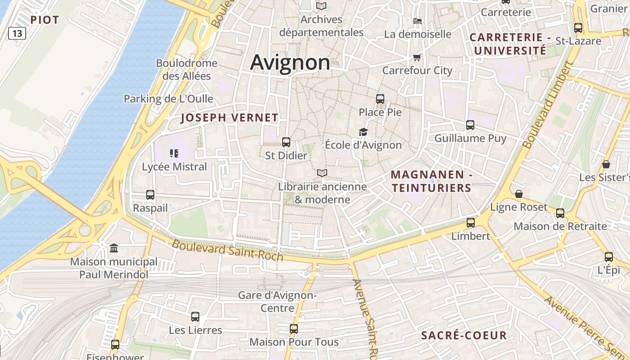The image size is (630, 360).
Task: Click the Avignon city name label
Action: point(290,63)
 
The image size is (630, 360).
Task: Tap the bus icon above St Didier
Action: point(286,142)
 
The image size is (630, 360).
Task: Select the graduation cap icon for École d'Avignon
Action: point(363,132)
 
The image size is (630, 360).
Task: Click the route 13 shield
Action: point(17,33)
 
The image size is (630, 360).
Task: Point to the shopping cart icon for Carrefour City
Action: point(417,57)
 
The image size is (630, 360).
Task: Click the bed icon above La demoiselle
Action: point(417,21)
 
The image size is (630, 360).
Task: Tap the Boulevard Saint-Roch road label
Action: point(227,250)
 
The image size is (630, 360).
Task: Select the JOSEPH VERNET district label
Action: point(229,118)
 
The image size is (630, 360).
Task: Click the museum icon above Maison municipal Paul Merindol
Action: point(114,248)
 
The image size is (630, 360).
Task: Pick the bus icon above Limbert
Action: point(471,222)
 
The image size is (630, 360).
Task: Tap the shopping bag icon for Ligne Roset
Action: point(519,194)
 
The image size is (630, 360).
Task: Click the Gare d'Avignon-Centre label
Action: point(278,302)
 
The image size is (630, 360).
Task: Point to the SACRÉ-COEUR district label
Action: point(464,335)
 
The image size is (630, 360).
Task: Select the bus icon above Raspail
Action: point(150,195)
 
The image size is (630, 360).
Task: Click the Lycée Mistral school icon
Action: point(174,153)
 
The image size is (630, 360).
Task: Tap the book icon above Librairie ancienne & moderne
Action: point(322,173)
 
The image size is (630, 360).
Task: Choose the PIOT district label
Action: point(45,20)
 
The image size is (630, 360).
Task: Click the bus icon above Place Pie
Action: point(380,99)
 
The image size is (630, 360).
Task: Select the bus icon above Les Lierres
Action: point(195,316)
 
